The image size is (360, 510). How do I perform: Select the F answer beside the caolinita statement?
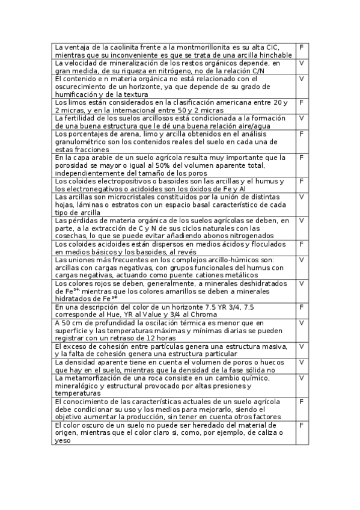click(301, 47)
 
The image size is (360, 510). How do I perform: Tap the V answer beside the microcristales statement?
click(301, 197)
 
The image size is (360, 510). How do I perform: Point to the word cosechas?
click(71, 236)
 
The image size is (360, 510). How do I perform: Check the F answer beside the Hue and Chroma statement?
click(301, 307)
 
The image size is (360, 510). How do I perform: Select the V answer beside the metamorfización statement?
click(301, 378)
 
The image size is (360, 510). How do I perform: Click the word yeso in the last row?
click(63, 440)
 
